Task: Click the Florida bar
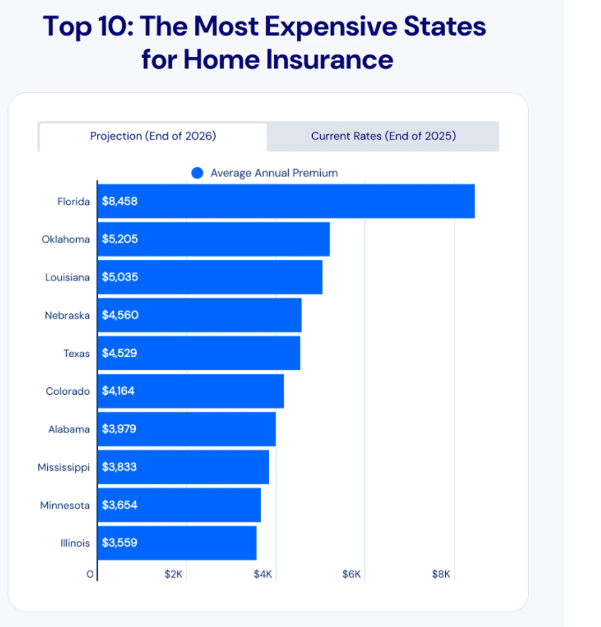[286, 201]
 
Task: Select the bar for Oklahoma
[213, 239]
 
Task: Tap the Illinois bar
[177, 543]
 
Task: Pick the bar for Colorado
[190, 391]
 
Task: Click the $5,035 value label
[120, 277]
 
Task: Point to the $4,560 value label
[120, 315]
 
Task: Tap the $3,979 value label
[119, 429]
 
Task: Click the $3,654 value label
[120, 505]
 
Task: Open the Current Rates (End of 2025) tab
[383, 136]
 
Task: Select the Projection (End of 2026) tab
[153, 136]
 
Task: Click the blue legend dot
[197, 173]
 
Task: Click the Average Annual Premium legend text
[274, 173]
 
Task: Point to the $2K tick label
[174, 574]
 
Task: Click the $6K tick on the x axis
[353, 574]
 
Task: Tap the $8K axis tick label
[442, 574]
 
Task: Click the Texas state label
[77, 354]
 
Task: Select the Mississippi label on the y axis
[64, 467]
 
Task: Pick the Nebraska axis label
[67, 316]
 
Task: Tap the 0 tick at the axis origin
[90, 574]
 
